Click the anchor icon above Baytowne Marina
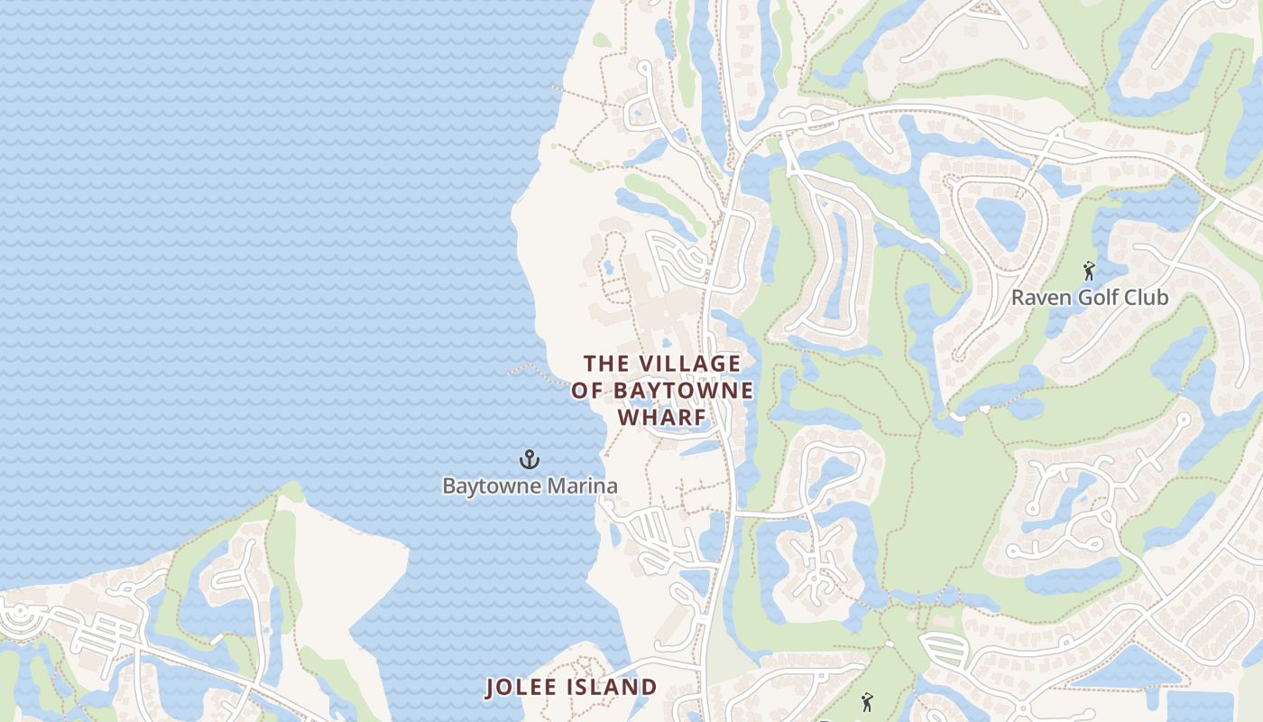pos(530,460)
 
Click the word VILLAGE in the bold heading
pos(689,364)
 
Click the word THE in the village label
pos(605,364)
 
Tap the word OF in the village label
pos(586,391)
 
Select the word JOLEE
pos(522,688)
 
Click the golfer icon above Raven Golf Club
pos(1089,271)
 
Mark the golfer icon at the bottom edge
pos(867,702)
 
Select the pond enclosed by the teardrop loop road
pos(999,220)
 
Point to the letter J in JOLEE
pos(491,688)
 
